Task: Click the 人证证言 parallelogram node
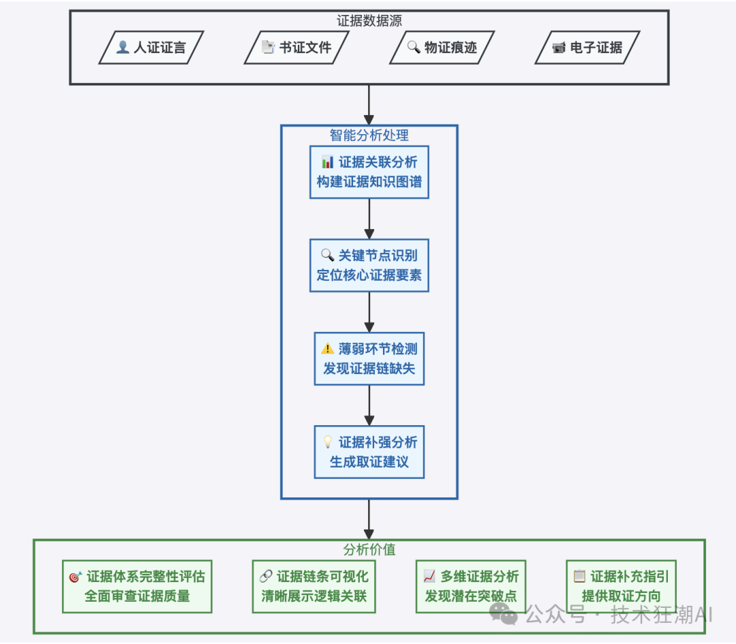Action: click(151, 48)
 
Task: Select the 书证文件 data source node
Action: click(296, 48)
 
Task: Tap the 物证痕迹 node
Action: click(442, 48)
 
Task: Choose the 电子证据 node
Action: click(587, 48)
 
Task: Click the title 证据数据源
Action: click(369, 20)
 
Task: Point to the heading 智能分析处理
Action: click(369, 135)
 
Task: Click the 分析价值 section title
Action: click(369, 549)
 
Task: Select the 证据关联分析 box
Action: click(369, 172)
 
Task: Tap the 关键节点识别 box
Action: click(369, 265)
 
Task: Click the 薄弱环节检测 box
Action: click(369, 358)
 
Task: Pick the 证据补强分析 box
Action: click(369, 452)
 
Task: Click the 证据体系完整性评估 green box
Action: click(137, 586)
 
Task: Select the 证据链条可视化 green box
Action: click(313, 586)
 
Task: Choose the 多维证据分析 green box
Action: click(470, 586)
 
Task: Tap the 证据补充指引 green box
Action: click(621, 586)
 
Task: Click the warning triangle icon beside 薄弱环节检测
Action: click(328, 349)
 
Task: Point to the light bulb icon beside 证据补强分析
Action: click(328, 442)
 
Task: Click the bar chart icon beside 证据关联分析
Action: click(328, 162)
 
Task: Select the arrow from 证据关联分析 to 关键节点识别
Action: click(369, 218)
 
